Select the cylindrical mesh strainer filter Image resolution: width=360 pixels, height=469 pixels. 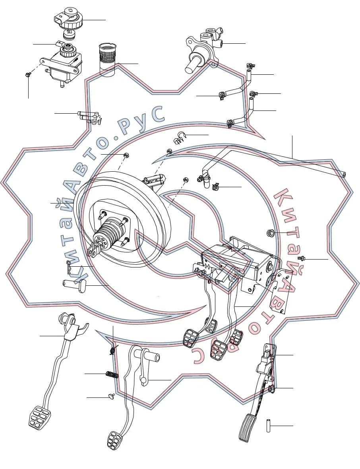[x=107, y=60]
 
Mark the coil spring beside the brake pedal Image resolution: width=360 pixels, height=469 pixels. [x=112, y=374]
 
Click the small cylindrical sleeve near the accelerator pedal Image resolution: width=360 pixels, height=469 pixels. [x=268, y=425]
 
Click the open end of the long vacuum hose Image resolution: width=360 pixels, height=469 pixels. [x=345, y=174]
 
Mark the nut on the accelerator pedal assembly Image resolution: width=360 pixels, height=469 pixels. [x=271, y=389]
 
